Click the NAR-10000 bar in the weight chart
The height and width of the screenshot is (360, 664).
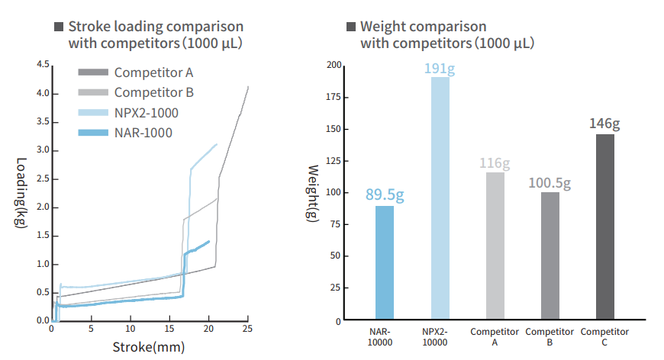click(385, 263)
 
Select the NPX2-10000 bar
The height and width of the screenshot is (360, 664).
click(440, 198)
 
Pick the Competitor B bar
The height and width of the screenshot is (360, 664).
click(550, 256)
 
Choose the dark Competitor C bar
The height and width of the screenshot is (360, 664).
click(604, 227)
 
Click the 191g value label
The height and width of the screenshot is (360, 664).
click(440, 69)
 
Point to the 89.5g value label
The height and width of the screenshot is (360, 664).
click(385, 195)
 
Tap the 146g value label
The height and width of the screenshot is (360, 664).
click(604, 124)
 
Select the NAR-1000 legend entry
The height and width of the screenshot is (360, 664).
click(143, 133)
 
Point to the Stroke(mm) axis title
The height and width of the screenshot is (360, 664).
click(150, 347)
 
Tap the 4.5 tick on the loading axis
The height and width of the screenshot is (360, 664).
click(43, 65)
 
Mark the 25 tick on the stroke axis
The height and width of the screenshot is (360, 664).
click(247, 329)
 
